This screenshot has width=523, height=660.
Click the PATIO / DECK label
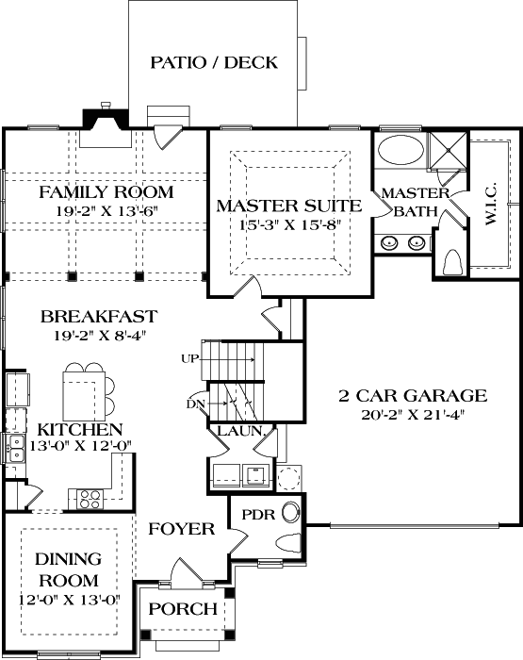point(214,63)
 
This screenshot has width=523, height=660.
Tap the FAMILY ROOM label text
point(106,192)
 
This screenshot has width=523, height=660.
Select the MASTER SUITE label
point(288,205)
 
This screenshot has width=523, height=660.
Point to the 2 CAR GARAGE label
point(412,395)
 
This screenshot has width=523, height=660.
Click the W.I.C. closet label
point(491,205)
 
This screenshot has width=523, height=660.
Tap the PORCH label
point(184,609)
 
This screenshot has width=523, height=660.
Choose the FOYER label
point(182,529)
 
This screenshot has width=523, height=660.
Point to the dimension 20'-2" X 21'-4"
point(412,413)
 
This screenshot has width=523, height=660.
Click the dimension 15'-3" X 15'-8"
point(288,223)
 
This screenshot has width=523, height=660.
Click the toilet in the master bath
point(451,261)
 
